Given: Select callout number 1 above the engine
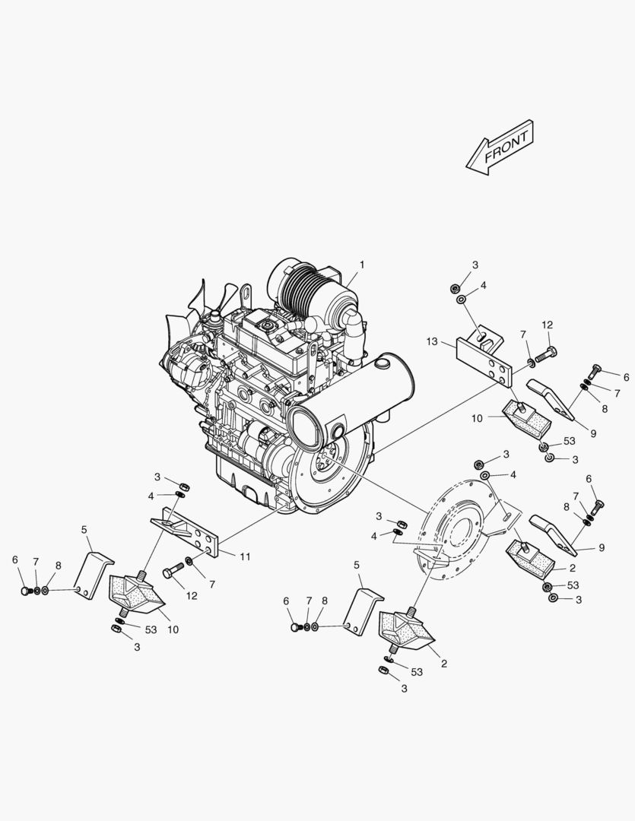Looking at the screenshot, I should pyautogui.click(x=362, y=265).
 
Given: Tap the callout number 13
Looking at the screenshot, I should pyautogui.click(x=433, y=342).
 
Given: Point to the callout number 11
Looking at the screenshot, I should pyautogui.click(x=246, y=556).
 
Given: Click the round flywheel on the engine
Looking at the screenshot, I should pyautogui.click(x=327, y=464).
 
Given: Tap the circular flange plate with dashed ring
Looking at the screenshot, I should pyautogui.click(x=456, y=532).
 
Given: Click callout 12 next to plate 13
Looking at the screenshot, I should pyautogui.click(x=548, y=325).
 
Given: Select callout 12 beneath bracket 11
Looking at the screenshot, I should pyautogui.click(x=192, y=596).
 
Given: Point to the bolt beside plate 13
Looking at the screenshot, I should pyautogui.click(x=545, y=353).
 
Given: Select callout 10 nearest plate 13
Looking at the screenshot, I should pyautogui.click(x=477, y=418).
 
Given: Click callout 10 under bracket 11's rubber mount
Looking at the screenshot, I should pyautogui.click(x=173, y=629).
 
